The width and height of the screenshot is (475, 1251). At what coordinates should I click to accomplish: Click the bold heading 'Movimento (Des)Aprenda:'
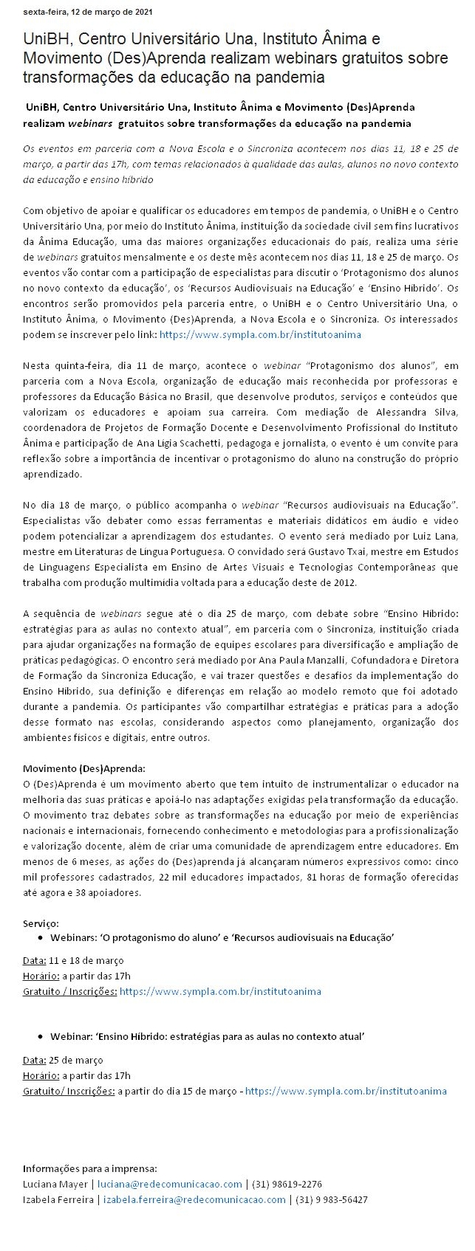[83, 768]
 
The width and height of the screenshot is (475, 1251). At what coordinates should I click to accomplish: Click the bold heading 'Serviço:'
[41, 923]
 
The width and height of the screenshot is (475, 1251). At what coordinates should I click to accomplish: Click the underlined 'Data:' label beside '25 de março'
[35, 1060]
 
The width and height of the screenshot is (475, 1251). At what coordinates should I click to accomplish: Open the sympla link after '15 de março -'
[346, 1090]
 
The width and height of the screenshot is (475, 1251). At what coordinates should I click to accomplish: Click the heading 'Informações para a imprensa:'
[89, 1168]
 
